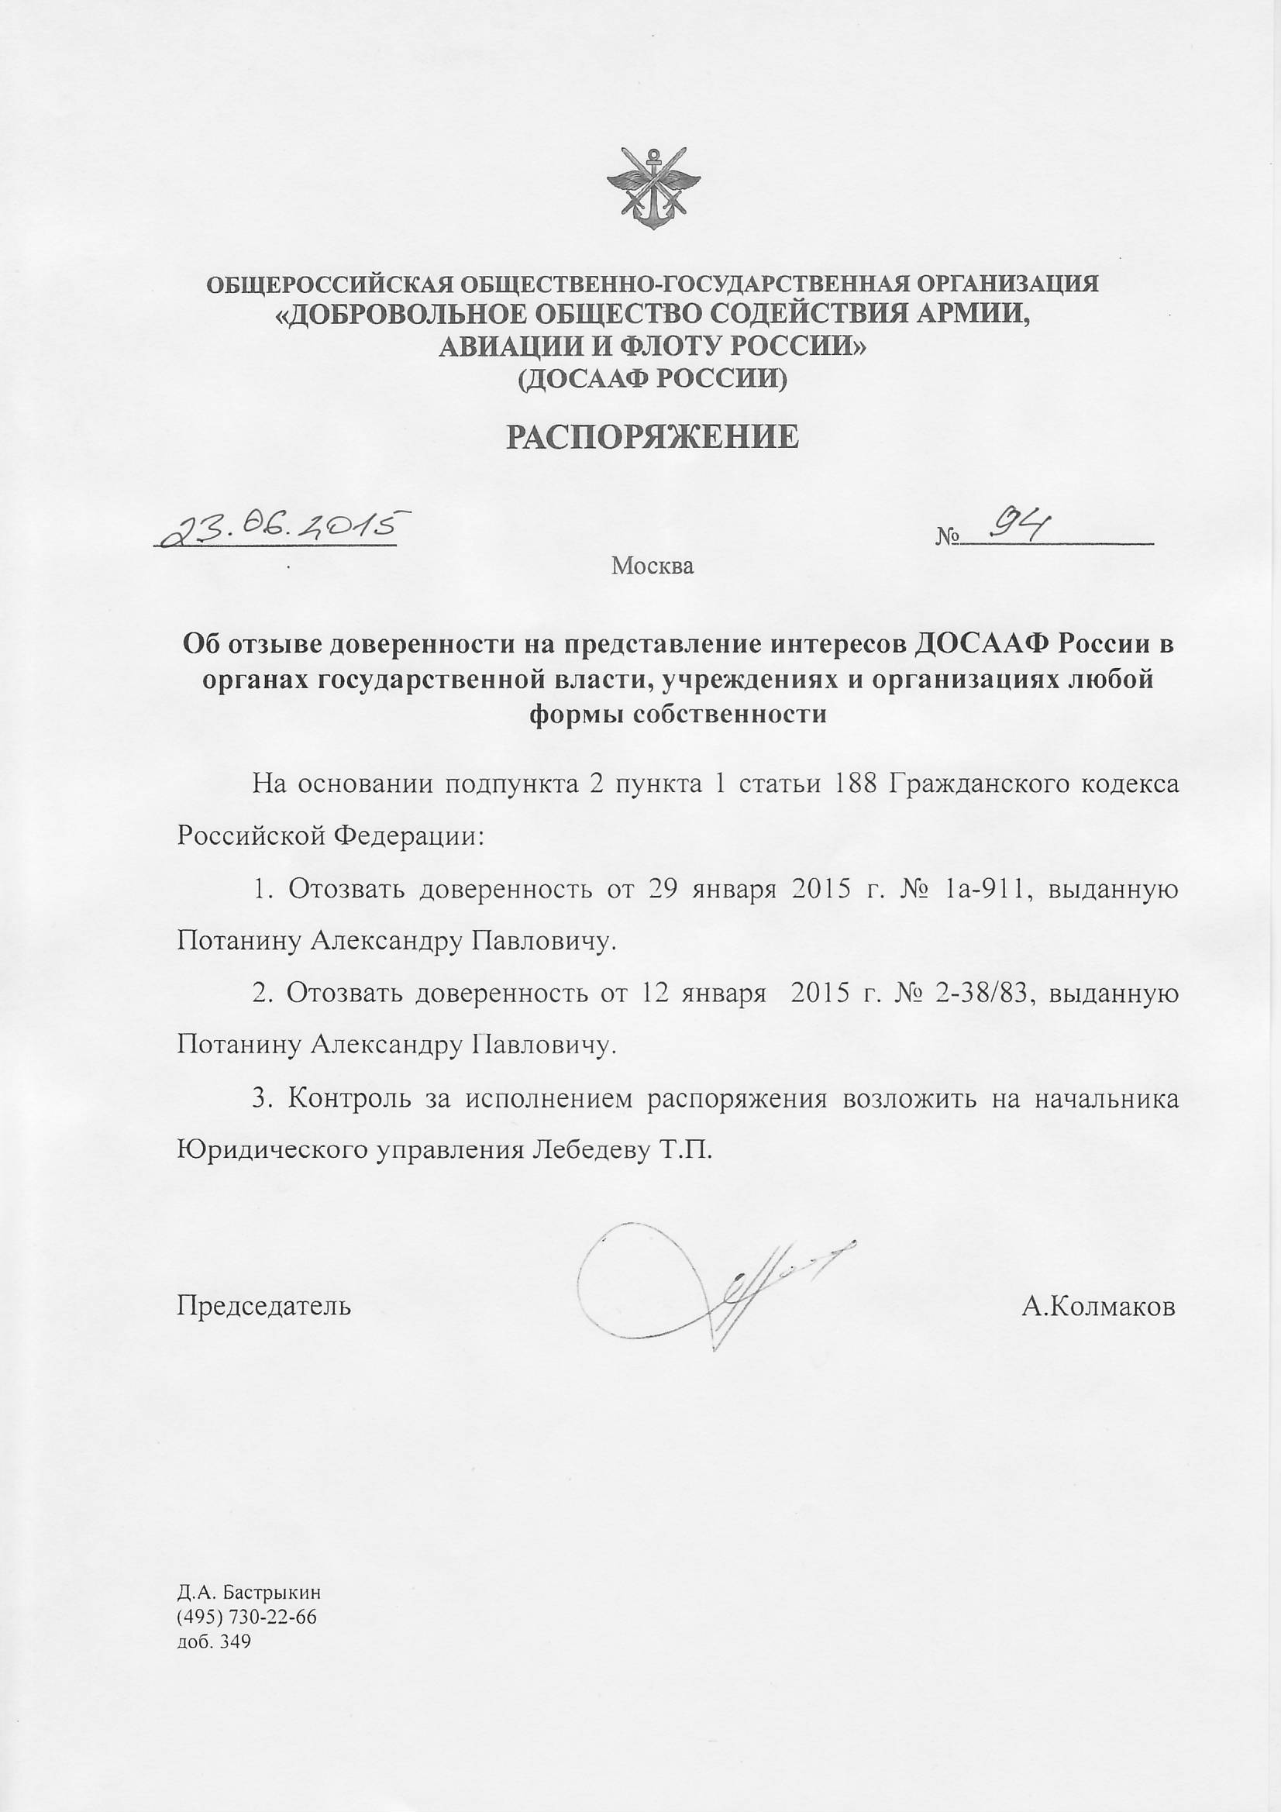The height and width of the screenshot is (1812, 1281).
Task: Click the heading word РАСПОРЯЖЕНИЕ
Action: [x=652, y=436]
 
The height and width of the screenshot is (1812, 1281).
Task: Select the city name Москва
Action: [x=653, y=566]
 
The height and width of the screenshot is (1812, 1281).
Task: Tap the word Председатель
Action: [x=263, y=1306]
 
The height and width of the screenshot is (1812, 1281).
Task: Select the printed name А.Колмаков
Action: [x=1098, y=1307]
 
